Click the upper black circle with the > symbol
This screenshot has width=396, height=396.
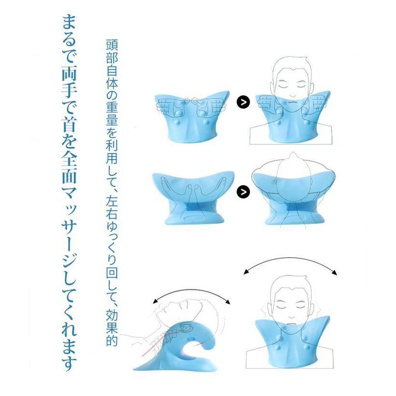(x=244, y=102)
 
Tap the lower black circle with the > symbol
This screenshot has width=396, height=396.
(x=244, y=191)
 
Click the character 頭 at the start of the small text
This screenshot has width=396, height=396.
(x=111, y=45)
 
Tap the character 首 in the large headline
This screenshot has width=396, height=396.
(x=69, y=123)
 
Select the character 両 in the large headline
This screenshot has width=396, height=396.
(x=69, y=73)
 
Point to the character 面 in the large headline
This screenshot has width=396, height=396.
(x=69, y=175)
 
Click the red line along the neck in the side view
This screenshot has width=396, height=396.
(x=158, y=344)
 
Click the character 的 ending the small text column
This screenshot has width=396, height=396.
(x=111, y=340)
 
